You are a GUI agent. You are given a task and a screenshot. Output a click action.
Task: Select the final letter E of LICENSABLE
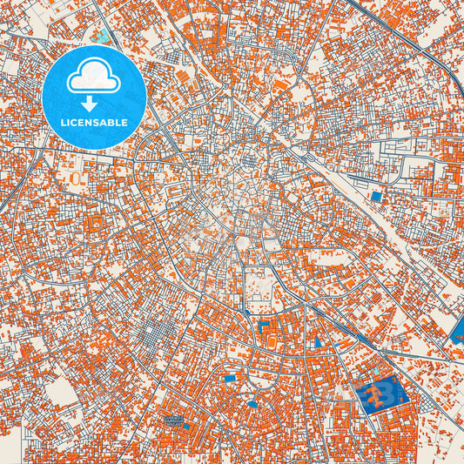tap(125, 122)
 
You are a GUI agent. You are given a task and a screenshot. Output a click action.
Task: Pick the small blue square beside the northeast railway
tap(376, 197)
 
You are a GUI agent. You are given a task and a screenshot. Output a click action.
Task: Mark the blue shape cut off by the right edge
tap(459, 331)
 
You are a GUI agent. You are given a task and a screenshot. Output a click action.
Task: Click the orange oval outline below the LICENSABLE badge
tap(76, 178)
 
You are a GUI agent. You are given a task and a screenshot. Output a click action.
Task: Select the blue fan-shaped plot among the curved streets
tap(230, 377)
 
